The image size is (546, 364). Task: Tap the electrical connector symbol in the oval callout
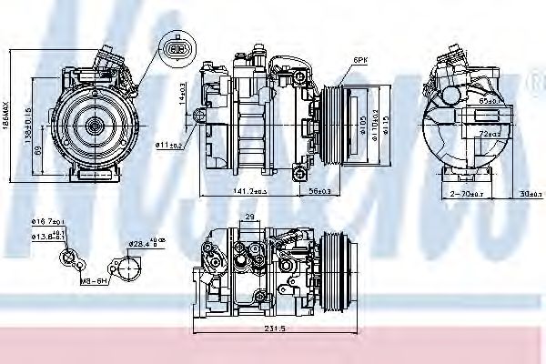coord(177,49)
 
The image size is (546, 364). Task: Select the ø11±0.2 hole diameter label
coord(169,145)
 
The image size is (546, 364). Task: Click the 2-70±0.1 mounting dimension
coord(469,194)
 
